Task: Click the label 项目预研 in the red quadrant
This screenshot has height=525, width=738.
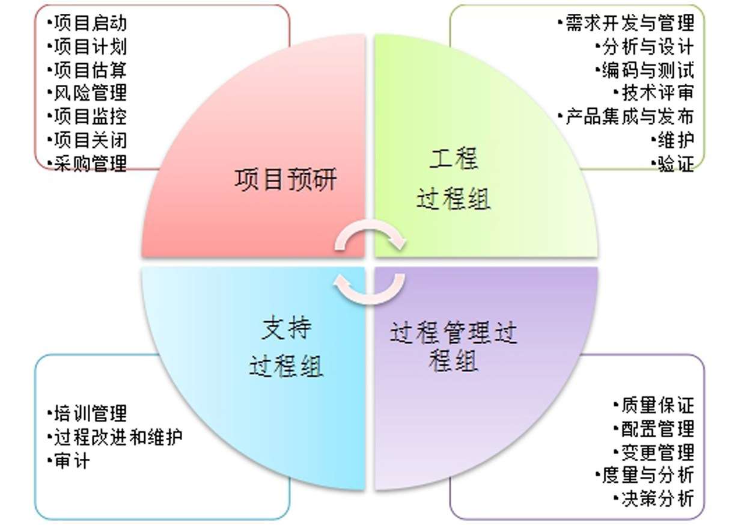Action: click(285, 180)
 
